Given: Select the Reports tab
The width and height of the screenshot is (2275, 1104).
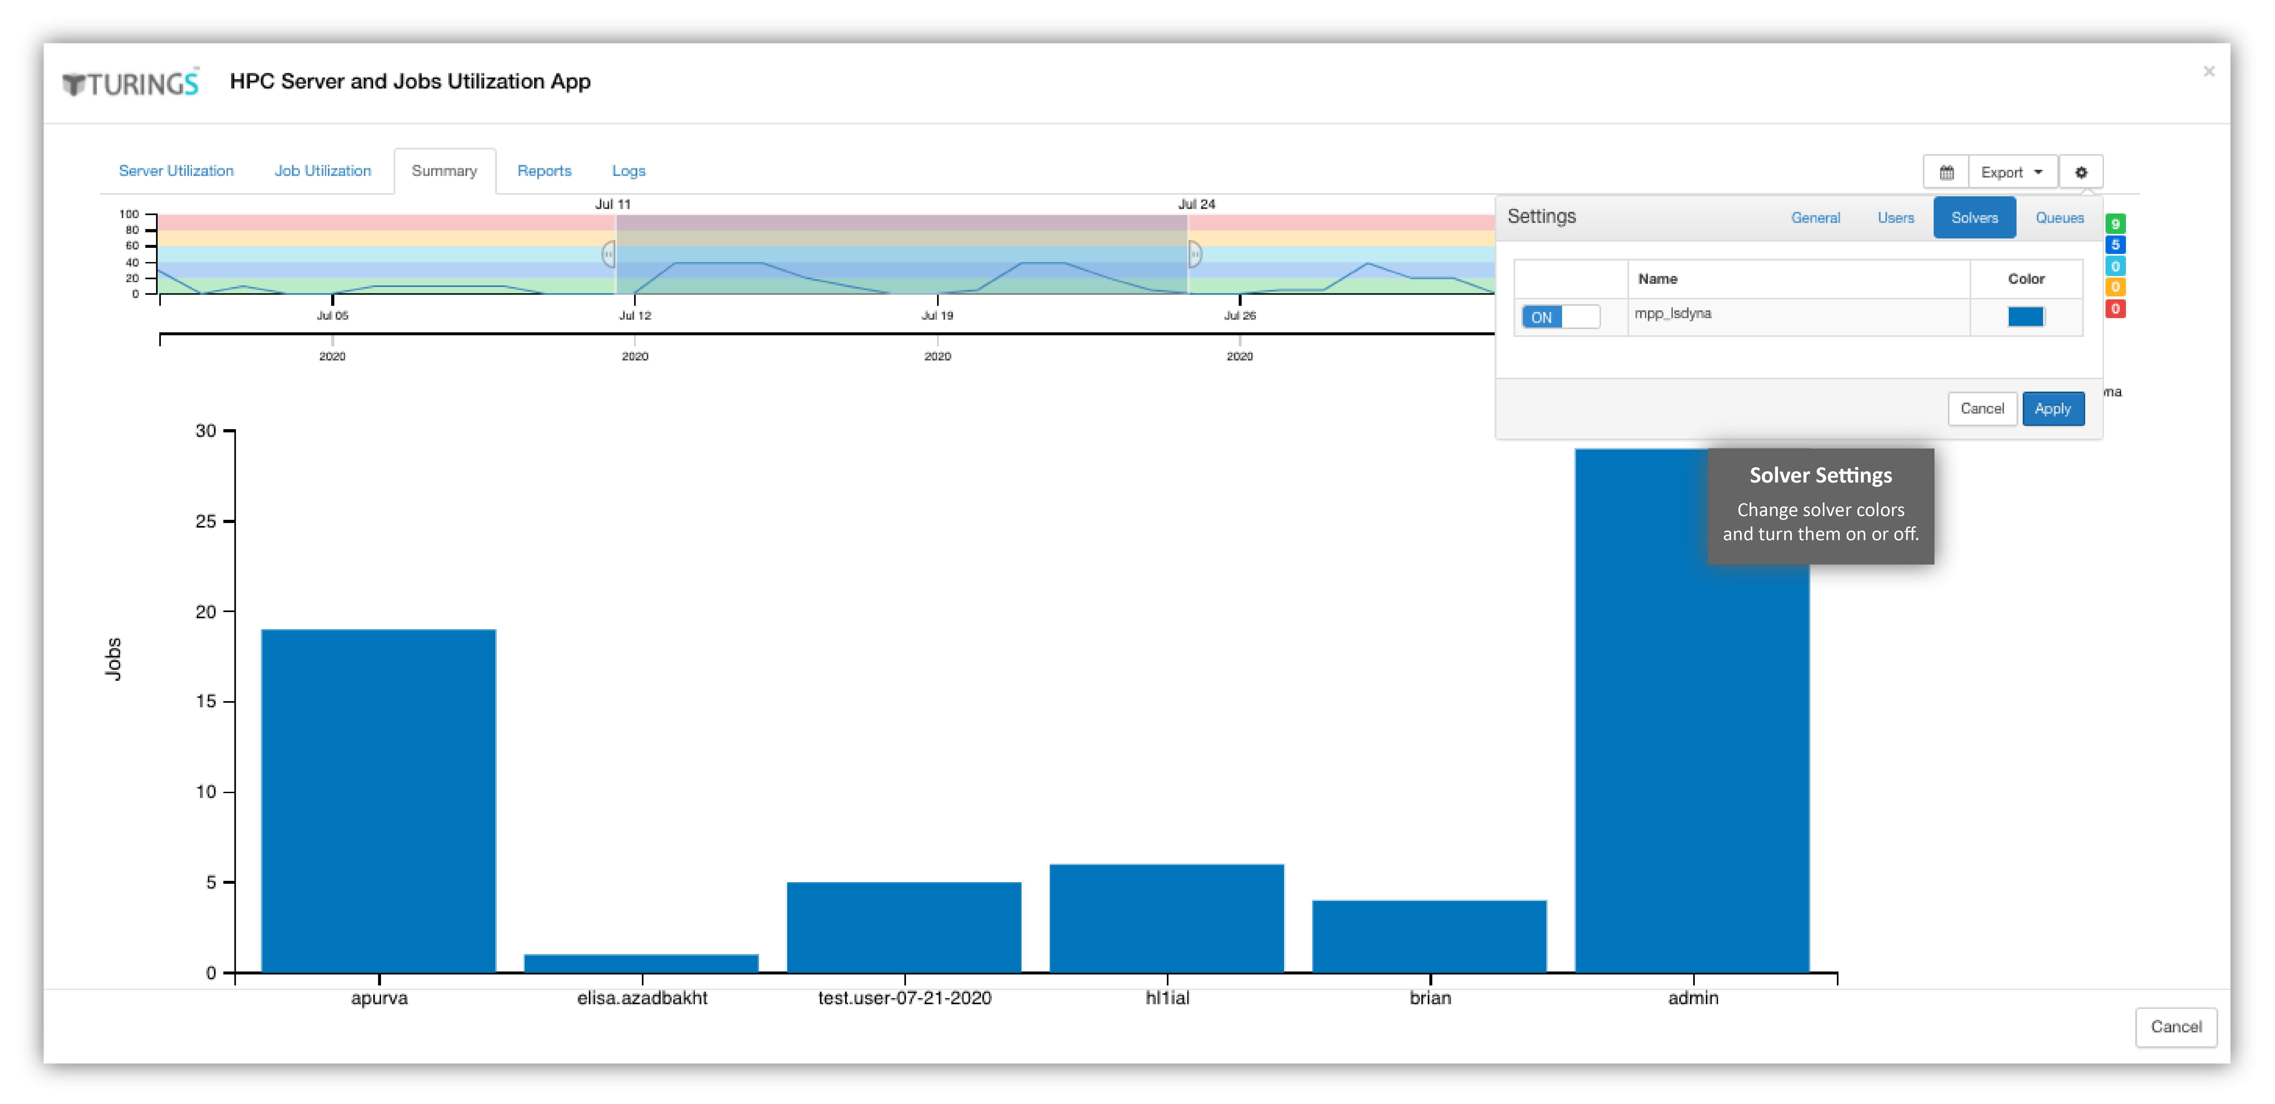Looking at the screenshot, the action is click(x=544, y=171).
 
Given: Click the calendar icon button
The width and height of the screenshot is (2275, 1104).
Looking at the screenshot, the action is click(x=1947, y=172).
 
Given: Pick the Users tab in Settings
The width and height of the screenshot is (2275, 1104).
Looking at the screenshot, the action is click(x=1895, y=217).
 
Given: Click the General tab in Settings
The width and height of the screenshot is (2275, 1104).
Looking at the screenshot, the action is click(x=1815, y=217).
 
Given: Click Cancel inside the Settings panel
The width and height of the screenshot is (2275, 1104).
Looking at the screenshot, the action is click(x=1982, y=408).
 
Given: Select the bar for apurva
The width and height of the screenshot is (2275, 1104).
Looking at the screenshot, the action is click(x=379, y=800).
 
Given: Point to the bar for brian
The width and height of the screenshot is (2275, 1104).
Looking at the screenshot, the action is click(x=1429, y=936).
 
